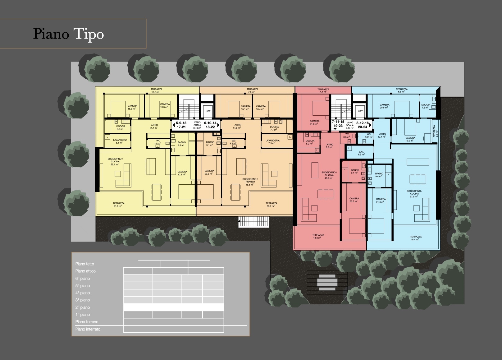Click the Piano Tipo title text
[68, 34]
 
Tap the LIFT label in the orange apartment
[208, 111]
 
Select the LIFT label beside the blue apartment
[360, 111]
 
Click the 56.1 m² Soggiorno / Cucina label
[115, 162]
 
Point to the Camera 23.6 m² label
[354, 200]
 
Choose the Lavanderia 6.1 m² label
[120, 141]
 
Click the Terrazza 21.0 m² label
[119, 205]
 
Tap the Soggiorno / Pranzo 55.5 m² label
[250, 182]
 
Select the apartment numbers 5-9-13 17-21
[181, 125]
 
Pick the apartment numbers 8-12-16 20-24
[363, 125]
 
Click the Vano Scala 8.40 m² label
[197, 125]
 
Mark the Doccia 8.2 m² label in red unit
[310, 142]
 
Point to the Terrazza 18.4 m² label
[416, 238]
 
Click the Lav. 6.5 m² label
[361, 153]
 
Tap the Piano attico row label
[85, 271]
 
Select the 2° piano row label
[83, 307]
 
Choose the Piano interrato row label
[88, 329]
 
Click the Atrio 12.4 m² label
[382, 135]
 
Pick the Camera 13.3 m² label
[165, 106]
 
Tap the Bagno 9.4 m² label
[379, 175]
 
